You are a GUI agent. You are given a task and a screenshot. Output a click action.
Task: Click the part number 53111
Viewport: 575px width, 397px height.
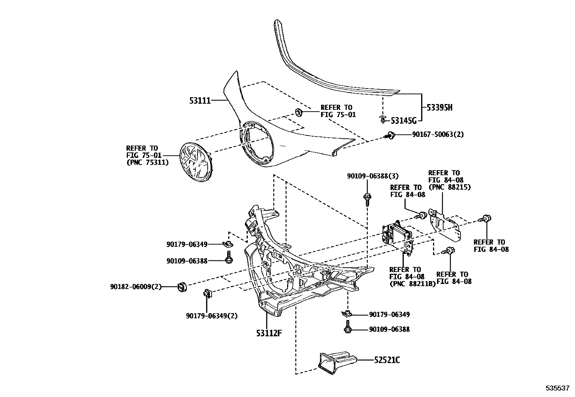[200, 100]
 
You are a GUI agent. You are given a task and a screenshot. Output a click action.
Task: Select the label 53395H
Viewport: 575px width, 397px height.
[439, 107]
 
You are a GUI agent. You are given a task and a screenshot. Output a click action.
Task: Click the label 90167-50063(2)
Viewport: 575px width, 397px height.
[438, 134]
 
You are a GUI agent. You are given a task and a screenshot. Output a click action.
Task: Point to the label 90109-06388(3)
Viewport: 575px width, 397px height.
[372, 176]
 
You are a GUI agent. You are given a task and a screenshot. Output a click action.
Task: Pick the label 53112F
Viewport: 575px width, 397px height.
[269, 333]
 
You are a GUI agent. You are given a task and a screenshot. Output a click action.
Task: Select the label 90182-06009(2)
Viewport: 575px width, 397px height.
[135, 287]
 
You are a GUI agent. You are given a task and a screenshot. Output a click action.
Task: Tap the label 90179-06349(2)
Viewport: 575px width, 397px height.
[212, 316]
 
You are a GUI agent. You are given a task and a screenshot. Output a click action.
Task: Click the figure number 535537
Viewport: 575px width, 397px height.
[557, 388]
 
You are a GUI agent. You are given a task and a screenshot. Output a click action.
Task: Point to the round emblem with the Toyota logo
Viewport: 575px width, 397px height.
[196, 161]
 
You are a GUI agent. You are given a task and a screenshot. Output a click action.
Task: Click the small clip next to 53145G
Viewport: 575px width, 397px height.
[383, 119]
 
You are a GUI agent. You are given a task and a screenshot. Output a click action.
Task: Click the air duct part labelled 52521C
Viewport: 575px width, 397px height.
[336, 361]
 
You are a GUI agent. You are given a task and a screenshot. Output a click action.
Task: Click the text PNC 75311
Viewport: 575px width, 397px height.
[147, 163]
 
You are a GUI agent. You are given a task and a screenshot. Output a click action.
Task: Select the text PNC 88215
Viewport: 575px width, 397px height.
[449, 187]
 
